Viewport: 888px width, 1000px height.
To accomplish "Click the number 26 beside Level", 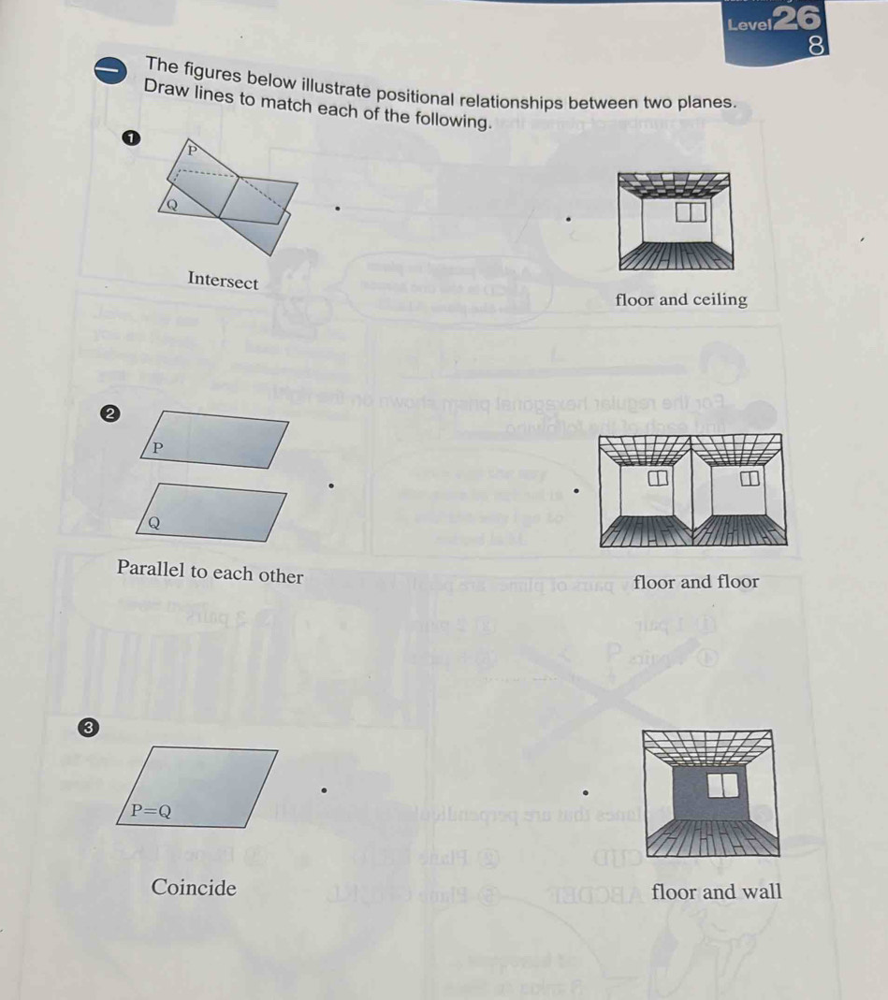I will coord(795,19).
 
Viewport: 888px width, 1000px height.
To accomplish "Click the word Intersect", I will coord(223,280).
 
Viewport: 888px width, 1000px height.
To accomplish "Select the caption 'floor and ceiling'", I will coord(681,299).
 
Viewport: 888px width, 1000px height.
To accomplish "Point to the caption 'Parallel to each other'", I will coord(211,572).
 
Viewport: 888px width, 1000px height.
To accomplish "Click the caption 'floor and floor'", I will coord(696,582).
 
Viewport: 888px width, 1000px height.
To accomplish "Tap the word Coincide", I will coord(195,887).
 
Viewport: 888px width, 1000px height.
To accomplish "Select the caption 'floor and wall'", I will coord(717,891).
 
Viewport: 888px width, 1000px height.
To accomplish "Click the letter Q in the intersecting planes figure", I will coord(172,205).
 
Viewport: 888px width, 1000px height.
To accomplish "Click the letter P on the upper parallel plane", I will coord(158,448).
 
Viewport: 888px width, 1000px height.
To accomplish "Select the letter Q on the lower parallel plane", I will coord(154,522).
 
